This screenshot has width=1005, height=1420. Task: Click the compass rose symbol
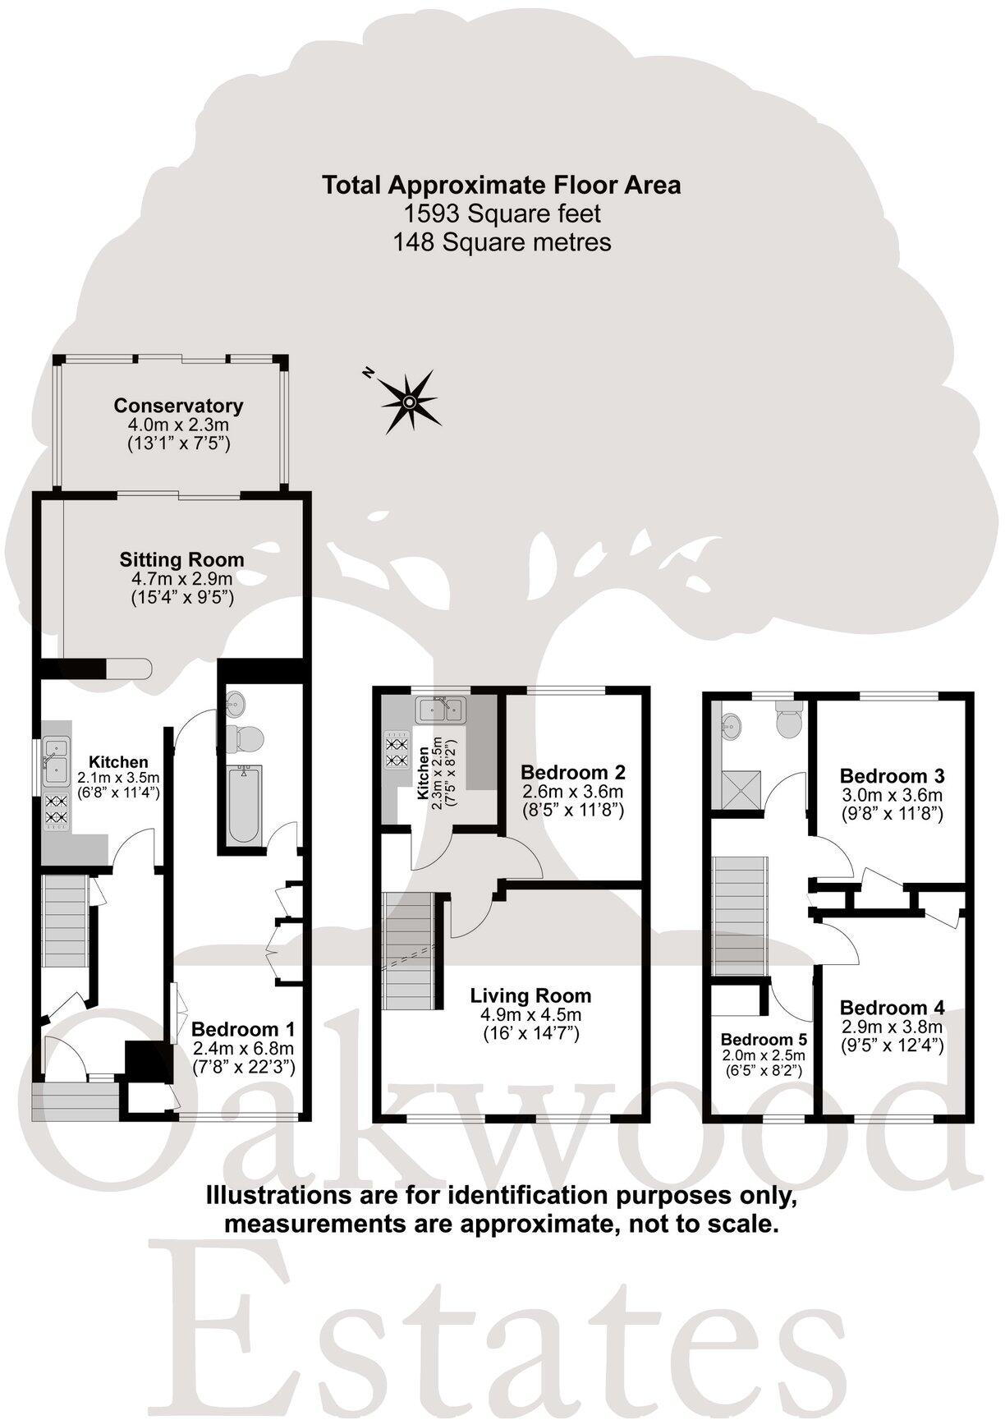[x=408, y=401]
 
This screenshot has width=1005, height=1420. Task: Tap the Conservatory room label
[x=178, y=406]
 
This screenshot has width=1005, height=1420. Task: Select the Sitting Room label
[x=181, y=560]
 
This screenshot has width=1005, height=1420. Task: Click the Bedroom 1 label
[x=242, y=1029]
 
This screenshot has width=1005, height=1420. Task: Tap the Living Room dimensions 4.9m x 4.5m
[x=530, y=1015]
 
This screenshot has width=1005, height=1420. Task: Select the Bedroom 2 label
[x=573, y=773]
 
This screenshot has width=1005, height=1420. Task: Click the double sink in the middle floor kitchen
[x=441, y=709]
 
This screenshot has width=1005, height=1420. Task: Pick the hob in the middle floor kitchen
[x=397, y=750]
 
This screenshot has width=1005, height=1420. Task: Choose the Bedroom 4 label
[x=892, y=1008]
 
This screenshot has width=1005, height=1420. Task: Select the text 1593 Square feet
[x=502, y=214]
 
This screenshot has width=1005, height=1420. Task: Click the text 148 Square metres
[x=502, y=243]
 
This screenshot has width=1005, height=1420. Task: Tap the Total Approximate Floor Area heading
[x=502, y=185]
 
